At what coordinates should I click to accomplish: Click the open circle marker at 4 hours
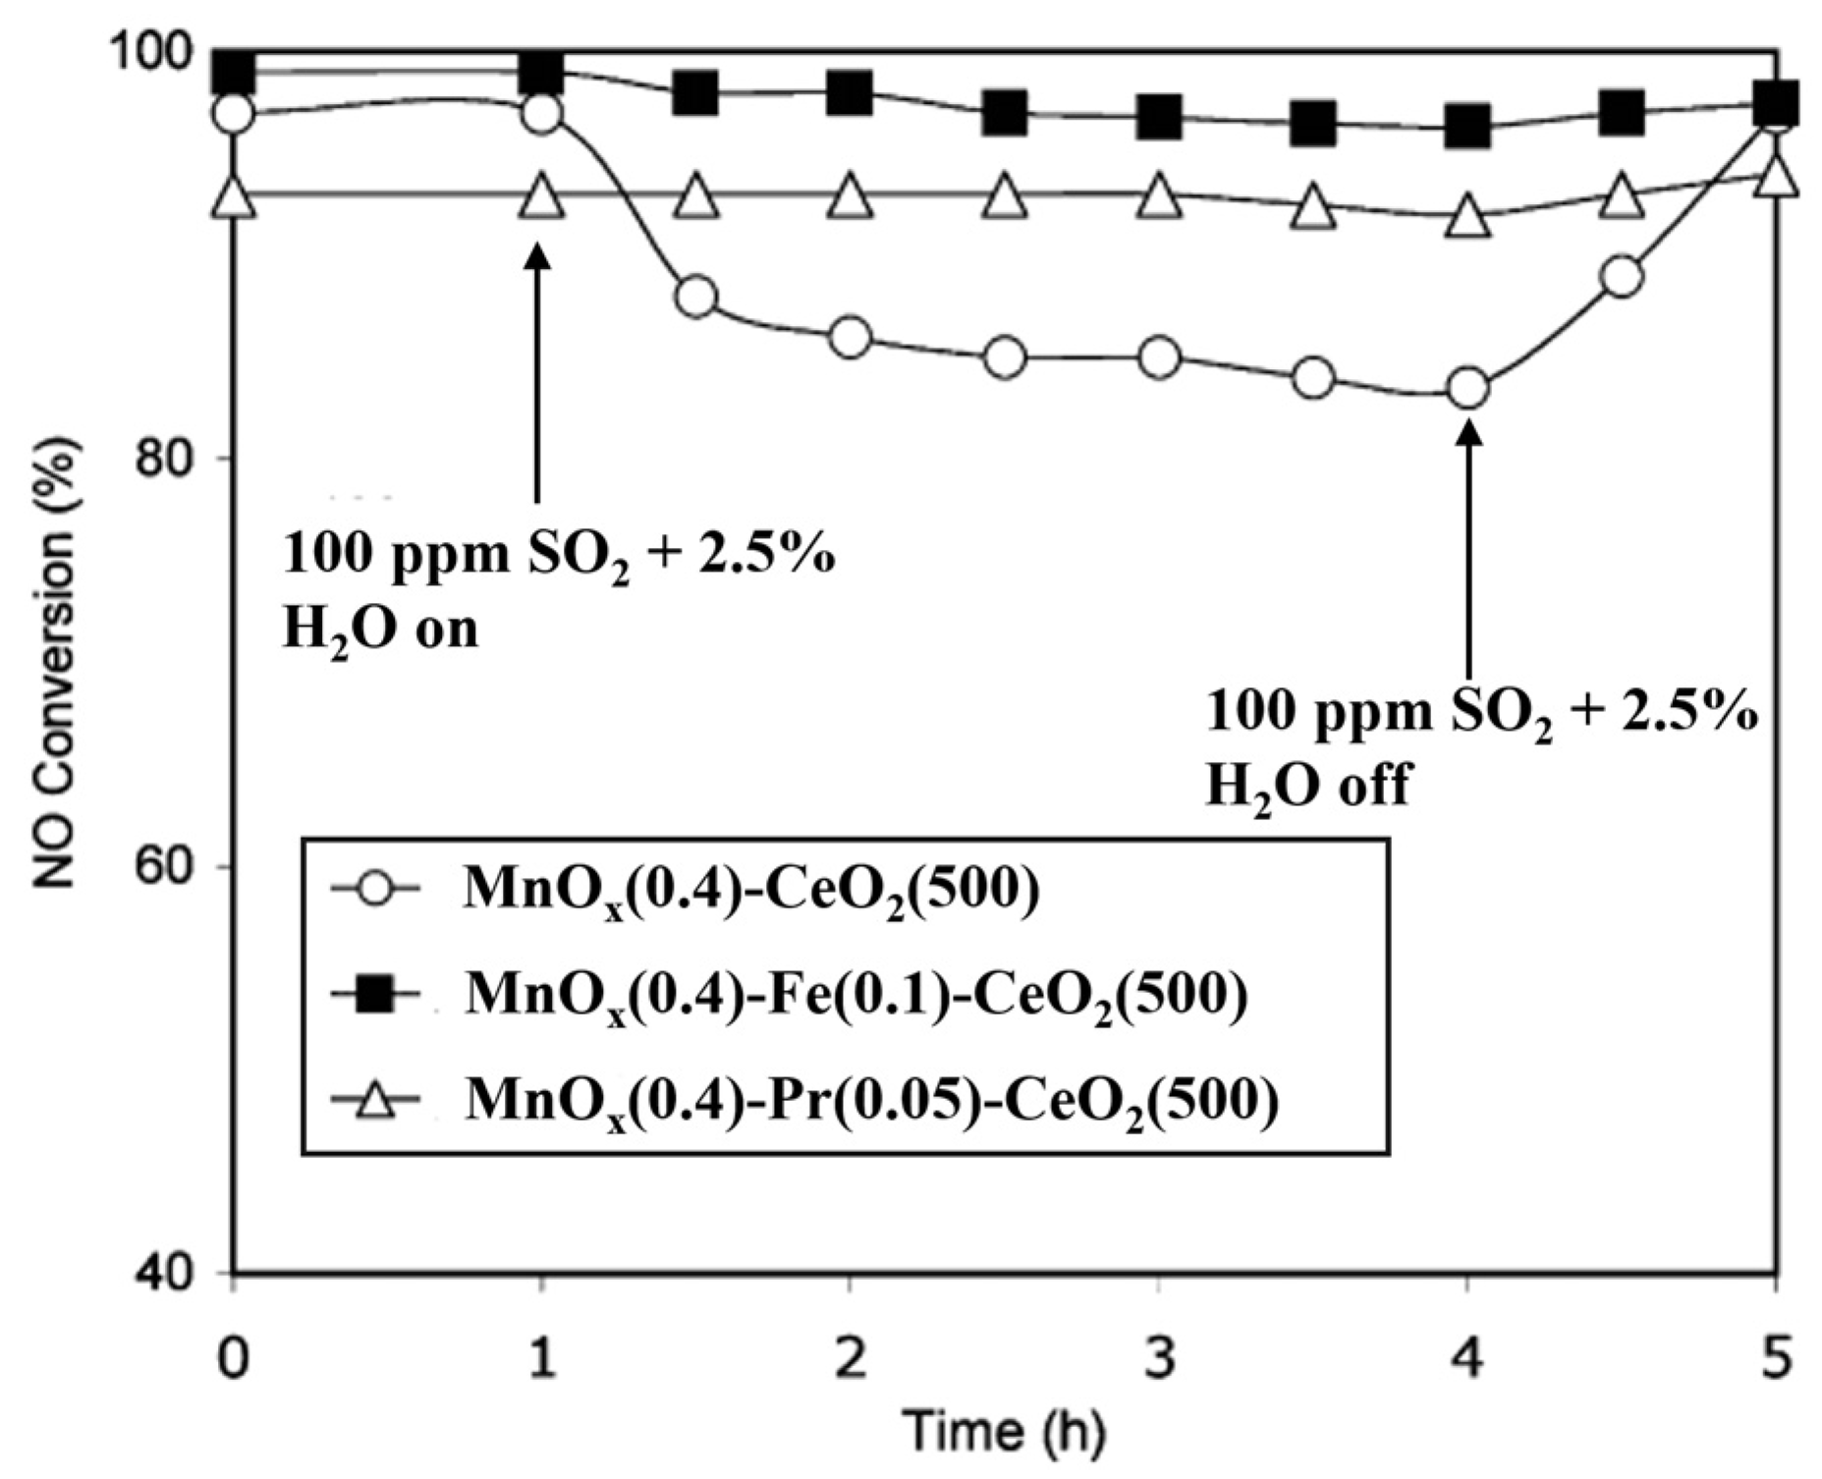1467,389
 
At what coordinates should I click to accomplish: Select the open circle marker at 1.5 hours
696,297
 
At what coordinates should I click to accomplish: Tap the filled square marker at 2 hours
850,93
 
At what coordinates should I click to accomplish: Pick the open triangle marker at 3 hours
1159,195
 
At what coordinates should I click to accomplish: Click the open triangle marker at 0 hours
233,195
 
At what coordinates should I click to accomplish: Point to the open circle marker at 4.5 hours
1622,278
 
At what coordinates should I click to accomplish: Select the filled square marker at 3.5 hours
1313,124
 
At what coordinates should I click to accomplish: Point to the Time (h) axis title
1004,1431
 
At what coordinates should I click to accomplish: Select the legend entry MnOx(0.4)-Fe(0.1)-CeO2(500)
855,996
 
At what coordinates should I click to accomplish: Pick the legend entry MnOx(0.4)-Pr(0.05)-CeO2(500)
870,1101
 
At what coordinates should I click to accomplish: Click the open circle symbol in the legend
376,891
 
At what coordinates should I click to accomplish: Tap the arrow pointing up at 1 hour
536,373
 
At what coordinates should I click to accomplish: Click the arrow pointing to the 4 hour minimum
1468,550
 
